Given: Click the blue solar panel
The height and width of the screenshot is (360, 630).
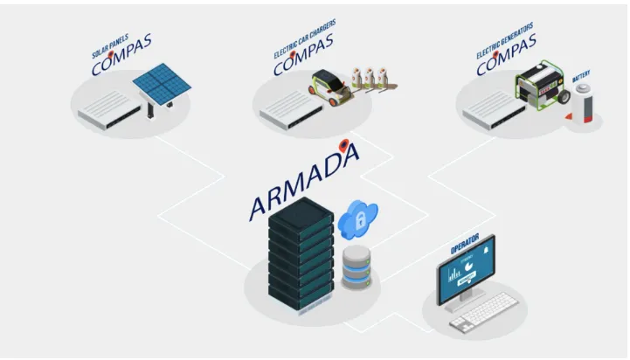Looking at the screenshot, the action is point(162,84).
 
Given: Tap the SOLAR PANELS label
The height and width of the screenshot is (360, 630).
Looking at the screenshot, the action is point(110,46).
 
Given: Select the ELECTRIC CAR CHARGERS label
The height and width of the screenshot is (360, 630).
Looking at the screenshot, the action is point(304,39).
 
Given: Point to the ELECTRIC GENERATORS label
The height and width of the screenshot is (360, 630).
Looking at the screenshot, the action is point(505,40).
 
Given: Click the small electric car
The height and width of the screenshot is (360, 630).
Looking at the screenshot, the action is point(330,87).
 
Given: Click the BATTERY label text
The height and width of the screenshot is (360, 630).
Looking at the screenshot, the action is point(581,76).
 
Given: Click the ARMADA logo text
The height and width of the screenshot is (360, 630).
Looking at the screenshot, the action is point(304,182).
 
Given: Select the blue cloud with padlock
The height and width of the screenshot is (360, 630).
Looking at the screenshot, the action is point(357,219).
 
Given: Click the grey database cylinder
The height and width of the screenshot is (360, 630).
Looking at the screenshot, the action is point(357,267).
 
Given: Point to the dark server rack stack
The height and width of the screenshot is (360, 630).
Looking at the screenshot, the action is point(301,254).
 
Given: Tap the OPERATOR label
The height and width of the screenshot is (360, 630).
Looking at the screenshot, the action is point(465,244).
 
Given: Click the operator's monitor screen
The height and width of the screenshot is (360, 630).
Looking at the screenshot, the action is point(466,270).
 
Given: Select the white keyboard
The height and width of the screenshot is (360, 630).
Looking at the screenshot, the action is point(484,311).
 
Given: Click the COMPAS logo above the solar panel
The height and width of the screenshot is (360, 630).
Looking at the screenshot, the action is point(121,55).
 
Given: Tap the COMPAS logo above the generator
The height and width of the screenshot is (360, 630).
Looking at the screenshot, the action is point(506,55).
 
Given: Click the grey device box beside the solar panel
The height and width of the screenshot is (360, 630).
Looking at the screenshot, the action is point(109,109).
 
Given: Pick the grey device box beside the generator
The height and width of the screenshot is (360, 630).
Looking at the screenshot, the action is point(495,110).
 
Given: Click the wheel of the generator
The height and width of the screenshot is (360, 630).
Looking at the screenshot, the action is point(564,97).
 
